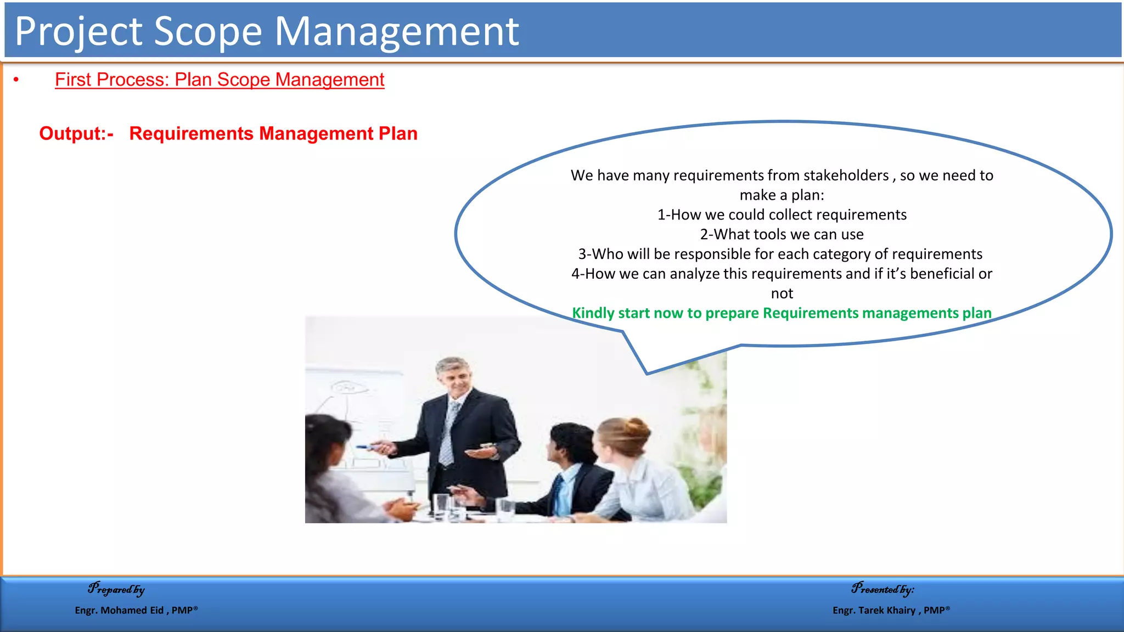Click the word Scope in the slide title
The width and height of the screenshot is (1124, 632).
(208, 32)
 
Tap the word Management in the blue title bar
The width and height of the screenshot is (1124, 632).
(396, 32)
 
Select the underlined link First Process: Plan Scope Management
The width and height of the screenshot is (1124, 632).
(220, 80)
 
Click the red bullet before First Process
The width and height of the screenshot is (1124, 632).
(16, 80)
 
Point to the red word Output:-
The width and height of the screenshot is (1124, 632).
(76, 134)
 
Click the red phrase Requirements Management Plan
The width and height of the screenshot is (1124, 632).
(273, 134)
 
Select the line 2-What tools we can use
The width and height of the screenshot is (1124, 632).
(782, 235)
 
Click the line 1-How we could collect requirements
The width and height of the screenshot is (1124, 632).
(782, 215)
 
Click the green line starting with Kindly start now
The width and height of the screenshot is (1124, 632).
(782, 313)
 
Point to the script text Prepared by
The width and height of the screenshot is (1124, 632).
(116, 589)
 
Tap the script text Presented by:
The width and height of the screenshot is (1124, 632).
(883, 589)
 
